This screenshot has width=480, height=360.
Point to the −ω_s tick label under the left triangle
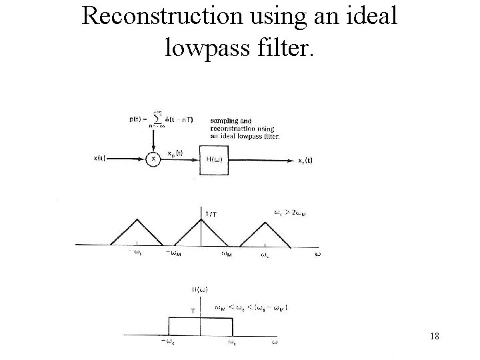[x=135, y=252]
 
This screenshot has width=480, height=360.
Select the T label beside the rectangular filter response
[x=193, y=310]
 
